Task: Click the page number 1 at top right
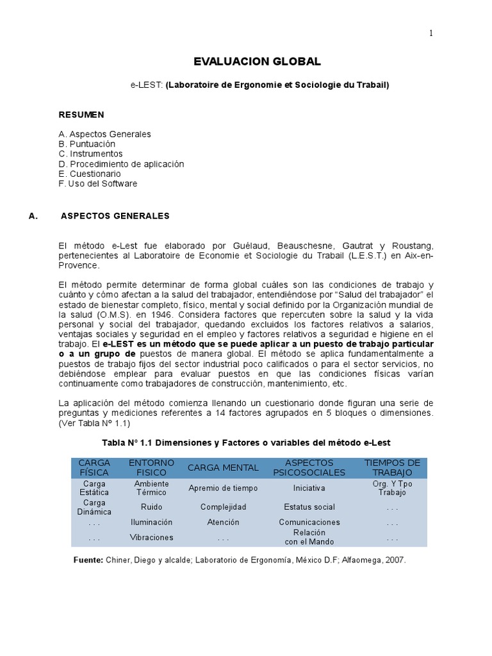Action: [x=431, y=34]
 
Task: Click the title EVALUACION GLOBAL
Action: [x=257, y=61]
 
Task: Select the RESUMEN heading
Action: [x=81, y=115]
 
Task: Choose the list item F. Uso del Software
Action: [x=97, y=184]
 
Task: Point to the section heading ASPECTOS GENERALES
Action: [x=115, y=216]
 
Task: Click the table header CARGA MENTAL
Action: [x=223, y=468]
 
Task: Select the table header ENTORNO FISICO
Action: [x=152, y=468]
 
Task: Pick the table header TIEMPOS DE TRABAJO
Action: [x=392, y=468]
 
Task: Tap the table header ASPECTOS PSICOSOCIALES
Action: [x=309, y=468]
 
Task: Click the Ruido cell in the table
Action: [x=151, y=507]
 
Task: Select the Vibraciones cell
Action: [x=151, y=537]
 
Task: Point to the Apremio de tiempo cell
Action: [x=223, y=488]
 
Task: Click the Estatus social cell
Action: [x=309, y=507]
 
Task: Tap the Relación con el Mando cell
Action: [x=309, y=537]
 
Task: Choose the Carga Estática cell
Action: [x=94, y=488]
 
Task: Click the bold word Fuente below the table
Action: [x=89, y=560]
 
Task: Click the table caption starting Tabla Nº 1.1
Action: [x=246, y=443]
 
